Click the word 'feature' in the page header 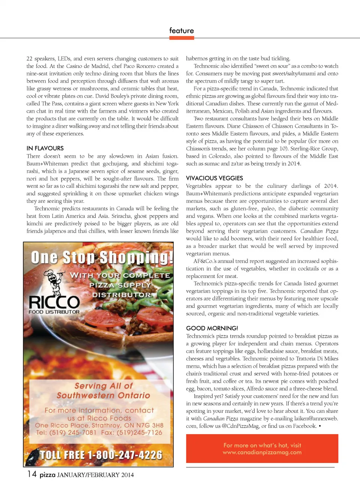[x=181, y=30]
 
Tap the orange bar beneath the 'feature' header [x=181, y=37]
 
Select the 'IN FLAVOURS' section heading [x=45, y=148]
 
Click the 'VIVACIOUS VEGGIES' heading [x=214, y=178]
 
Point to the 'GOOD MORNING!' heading [x=212, y=328]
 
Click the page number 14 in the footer [x=32, y=474]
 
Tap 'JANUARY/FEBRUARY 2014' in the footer [x=95, y=475]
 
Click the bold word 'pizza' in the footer [x=48, y=475]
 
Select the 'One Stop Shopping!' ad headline [x=102, y=258]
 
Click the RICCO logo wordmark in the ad [x=54, y=302]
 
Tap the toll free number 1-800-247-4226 [x=101, y=455]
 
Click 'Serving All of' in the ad [x=103, y=386]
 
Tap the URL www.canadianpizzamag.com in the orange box [x=262, y=452]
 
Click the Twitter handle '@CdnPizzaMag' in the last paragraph [x=240, y=426]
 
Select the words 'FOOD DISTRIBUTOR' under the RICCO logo [x=54, y=312]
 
